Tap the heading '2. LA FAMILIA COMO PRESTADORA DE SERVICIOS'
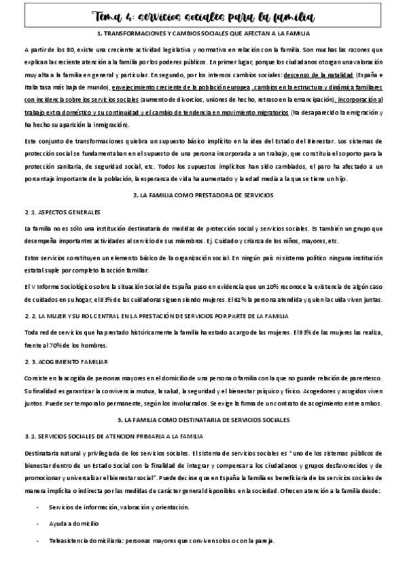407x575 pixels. [x=203, y=195]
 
